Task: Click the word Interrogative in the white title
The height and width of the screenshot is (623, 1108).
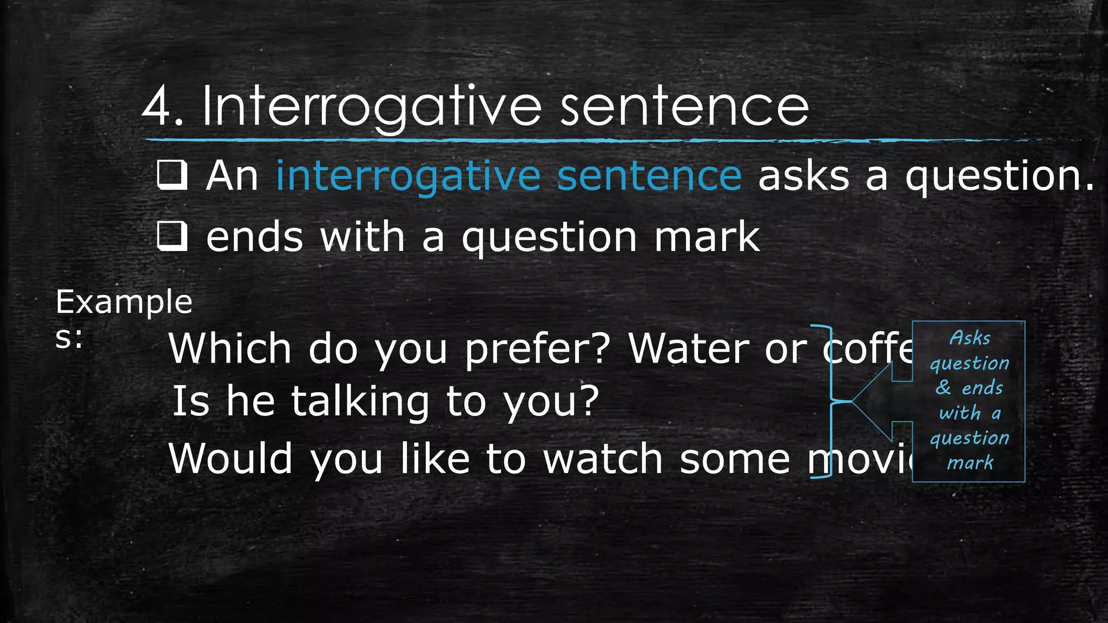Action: pyautogui.click(x=371, y=107)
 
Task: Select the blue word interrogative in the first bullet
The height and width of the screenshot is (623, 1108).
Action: pyautogui.click(x=408, y=176)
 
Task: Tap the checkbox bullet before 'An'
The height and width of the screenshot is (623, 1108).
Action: pyautogui.click(x=172, y=175)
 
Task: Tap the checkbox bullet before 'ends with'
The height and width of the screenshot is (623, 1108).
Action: pyautogui.click(x=172, y=236)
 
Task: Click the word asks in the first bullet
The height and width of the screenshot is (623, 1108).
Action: pyautogui.click(x=803, y=176)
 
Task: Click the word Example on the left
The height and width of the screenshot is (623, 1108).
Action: pyautogui.click(x=124, y=302)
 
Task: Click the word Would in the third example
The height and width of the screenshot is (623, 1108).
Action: pyautogui.click(x=230, y=459)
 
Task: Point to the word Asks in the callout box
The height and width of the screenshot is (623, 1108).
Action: pyautogui.click(x=969, y=338)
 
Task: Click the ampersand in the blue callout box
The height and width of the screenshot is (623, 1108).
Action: pyautogui.click(x=943, y=387)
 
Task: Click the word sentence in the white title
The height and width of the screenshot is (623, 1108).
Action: pyautogui.click(x=684, y=107)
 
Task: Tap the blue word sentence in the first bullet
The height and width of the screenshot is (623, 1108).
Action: pyautogui.click(x=649, y=176)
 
